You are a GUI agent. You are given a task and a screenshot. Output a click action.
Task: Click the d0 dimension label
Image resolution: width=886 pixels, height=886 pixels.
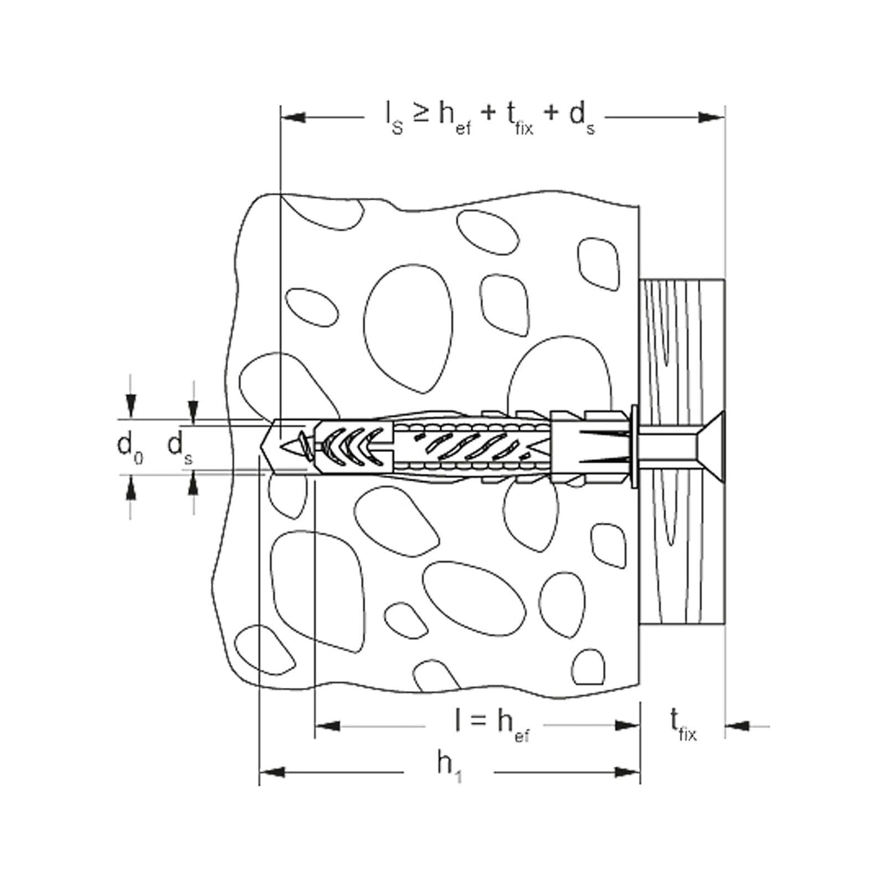[x=131, y=447]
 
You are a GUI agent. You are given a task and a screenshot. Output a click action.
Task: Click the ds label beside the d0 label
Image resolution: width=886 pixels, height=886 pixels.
[x=181, y=446]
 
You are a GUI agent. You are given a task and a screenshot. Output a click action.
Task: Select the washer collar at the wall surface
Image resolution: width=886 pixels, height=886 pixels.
[x=633, y=446]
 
